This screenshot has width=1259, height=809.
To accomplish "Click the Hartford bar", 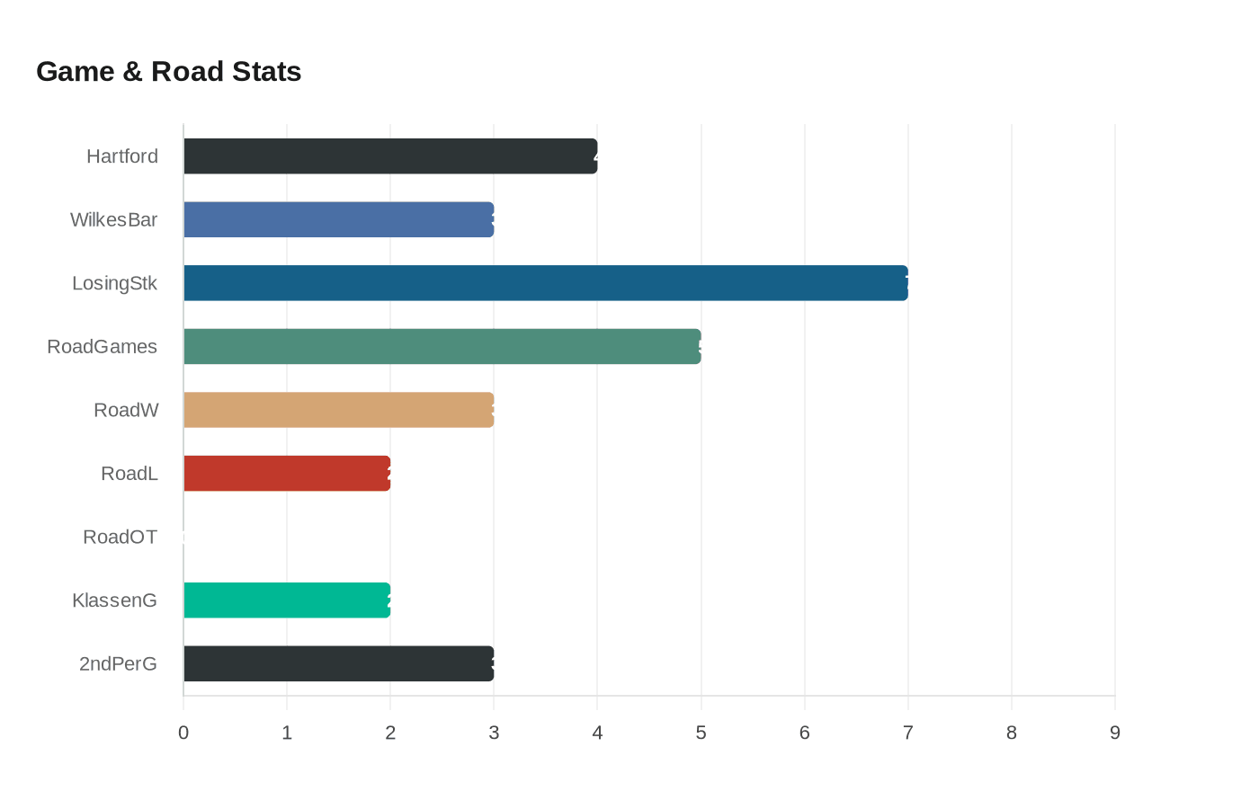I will pyautogui.click(x=390, y=156).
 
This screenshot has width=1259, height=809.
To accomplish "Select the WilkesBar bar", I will pyautogui.click(x=339, y=220).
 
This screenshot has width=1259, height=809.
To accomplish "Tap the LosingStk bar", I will pyautogui.click(x=546, y=283).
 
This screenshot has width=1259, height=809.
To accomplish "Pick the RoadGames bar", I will pyautogui.click(x=442, y=347).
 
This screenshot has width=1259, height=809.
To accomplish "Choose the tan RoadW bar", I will pyautogui.click(x=339, y=410).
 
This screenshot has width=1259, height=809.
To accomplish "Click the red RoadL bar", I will pyautogui.click(x=287, y=474).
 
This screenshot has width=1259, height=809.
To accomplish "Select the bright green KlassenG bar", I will pyautogui.click(x=287, y=600).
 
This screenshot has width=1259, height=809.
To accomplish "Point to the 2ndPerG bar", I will pyautogui.click(x=339, y=663).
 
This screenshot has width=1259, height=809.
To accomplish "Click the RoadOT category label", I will pyautogui.click(x=121, y=538).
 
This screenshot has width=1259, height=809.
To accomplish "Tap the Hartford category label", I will pyautogui.click(x=122, y=156).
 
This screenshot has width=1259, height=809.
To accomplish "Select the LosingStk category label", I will pyautogui.click(x=115, y=283).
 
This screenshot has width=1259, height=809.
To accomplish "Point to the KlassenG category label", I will pyautogui.click(x=115, y=600).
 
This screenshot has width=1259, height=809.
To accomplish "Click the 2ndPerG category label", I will pyautogui.click(x=118, y=664).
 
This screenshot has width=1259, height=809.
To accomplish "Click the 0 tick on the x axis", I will pyautogui.click(x=183, y=733).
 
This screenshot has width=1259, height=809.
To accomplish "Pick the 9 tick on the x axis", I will pyautogui.click(x=1115, y=733).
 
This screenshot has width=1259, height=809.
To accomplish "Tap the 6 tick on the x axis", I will pyautogui.click(x=805, y=733).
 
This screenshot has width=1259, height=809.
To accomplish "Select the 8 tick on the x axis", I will pyautogui.click(x=1012, y=733).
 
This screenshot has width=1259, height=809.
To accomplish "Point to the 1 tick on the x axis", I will pyautogui.click(x=287, y=733).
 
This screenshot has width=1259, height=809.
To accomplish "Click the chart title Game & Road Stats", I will pyautogui.click(x=169, y=72).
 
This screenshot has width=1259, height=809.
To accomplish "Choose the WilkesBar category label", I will pyautogui.click(x=114, y=220).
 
